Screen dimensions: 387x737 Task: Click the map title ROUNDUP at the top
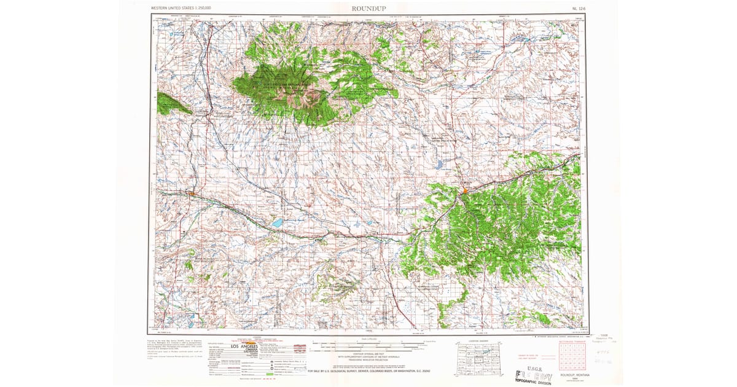coord(369,8)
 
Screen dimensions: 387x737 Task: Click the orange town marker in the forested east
coord(465,191)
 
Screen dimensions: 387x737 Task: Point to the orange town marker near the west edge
coord(192,193)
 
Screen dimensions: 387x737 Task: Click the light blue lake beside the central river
coord(278,222)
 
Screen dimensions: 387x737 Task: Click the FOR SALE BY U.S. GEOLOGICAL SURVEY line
coord(368,371)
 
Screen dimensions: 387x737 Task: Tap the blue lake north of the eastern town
coord(440,165)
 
